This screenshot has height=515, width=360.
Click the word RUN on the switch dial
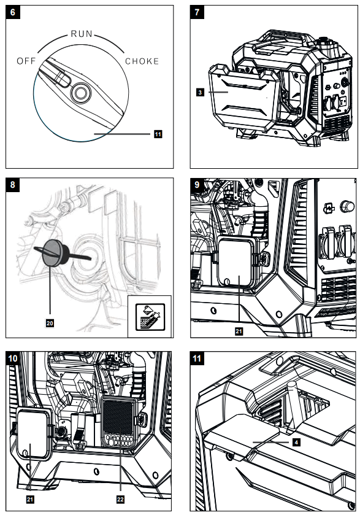pos(82,34)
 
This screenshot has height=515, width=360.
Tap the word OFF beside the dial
pos(26,61)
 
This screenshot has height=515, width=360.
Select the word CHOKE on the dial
pos(142,61)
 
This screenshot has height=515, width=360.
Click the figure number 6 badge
pos(13,12)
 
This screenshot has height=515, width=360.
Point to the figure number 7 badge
pos(197,12)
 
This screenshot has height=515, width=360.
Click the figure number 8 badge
pos(13,185)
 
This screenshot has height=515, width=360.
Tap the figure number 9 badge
pos(197,185)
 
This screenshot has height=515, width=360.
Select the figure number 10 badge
pos(13,358)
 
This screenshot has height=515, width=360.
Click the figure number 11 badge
pos(197,358)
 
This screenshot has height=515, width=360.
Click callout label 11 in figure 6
pos(158,134)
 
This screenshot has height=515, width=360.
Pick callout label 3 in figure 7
pos(200,92)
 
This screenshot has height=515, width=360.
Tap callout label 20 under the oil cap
pos(50,323)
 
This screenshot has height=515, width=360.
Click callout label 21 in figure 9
pos(239,331)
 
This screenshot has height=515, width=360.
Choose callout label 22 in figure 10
pos(120,499)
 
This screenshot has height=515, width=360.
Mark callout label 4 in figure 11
pos(296,443)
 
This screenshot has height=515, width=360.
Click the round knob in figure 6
pos(80,93)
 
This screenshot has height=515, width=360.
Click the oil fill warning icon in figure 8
pos(150,317)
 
